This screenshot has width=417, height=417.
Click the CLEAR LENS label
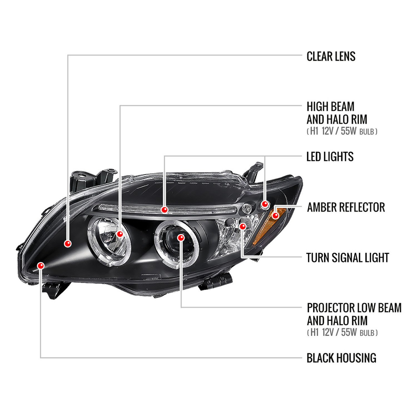[x=331, y=56]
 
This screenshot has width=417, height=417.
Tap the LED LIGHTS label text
[x=330, y=157]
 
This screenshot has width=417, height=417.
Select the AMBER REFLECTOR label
[x=346, y=207]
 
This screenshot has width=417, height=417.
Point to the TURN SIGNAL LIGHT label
[x=348, y=258]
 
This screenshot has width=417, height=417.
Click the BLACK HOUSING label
[x=341, y=358]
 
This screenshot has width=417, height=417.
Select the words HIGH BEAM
[x=331, y=107]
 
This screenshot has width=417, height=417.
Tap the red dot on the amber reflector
[x=275, y=215]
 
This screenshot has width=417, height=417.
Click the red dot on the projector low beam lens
[x=181, y=238]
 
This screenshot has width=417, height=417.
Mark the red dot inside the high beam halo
[x=120, y=234]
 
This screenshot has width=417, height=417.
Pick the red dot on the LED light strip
[x=165, y=210]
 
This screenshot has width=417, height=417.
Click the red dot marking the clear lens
[x=68, y=244]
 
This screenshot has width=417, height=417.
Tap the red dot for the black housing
[x=41, y=266]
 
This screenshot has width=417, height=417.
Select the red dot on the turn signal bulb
[x=243, y=227]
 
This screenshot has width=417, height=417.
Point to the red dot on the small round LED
[x=265, y=205]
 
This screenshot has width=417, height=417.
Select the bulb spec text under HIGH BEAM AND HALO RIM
[x=342, y=131]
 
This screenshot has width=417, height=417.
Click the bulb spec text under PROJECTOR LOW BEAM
[x=342, y=332]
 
